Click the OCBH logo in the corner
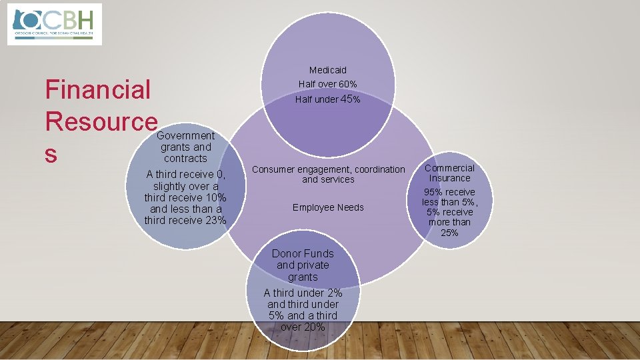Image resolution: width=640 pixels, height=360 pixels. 54,23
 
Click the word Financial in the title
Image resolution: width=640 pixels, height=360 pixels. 98,89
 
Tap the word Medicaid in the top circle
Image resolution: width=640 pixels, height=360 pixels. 327,70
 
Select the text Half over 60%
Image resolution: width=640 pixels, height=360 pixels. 327,84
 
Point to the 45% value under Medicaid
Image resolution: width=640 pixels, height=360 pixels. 350,99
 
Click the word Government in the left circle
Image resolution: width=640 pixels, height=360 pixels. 185,135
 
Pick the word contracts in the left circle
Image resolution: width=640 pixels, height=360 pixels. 185,159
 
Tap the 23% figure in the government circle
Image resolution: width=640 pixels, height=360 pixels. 213,221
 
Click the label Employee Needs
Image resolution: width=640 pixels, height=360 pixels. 328,207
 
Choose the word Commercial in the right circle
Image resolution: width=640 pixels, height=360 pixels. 449,168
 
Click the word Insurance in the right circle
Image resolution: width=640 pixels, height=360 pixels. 449,178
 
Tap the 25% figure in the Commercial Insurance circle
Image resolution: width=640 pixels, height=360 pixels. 449,233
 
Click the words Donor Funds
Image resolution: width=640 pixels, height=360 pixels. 303,253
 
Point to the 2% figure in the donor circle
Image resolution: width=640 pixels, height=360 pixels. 334,293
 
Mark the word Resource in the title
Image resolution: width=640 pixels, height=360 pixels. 101,122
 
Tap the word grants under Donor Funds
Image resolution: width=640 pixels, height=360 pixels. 303,277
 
